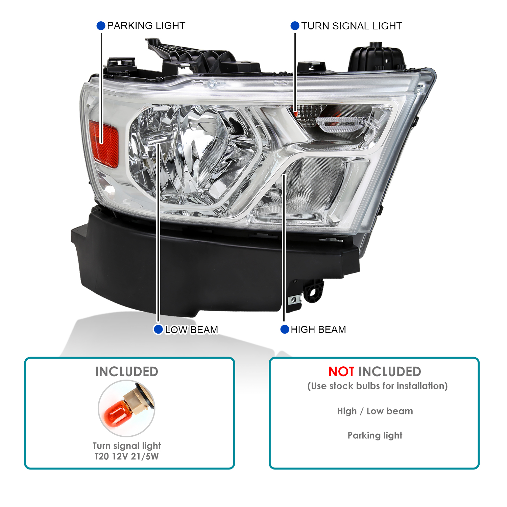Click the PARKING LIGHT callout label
click(146, 26)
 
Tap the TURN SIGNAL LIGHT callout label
click(352, 26)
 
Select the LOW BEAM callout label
click(191, 330)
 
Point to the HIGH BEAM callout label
click(318, 330)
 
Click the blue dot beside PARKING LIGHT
click(101, 26)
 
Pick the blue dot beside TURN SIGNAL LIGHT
click(295, 26)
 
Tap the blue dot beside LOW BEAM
click(158, 329)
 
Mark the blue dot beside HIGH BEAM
click(285, 329)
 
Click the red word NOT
click(341, 372)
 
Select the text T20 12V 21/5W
click(126, 457)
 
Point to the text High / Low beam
click(375, 411)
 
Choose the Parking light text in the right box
click(375, 436)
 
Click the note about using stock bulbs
click(378, 386)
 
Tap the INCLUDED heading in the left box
click(127, 372)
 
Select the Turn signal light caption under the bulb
click(127, 446)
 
